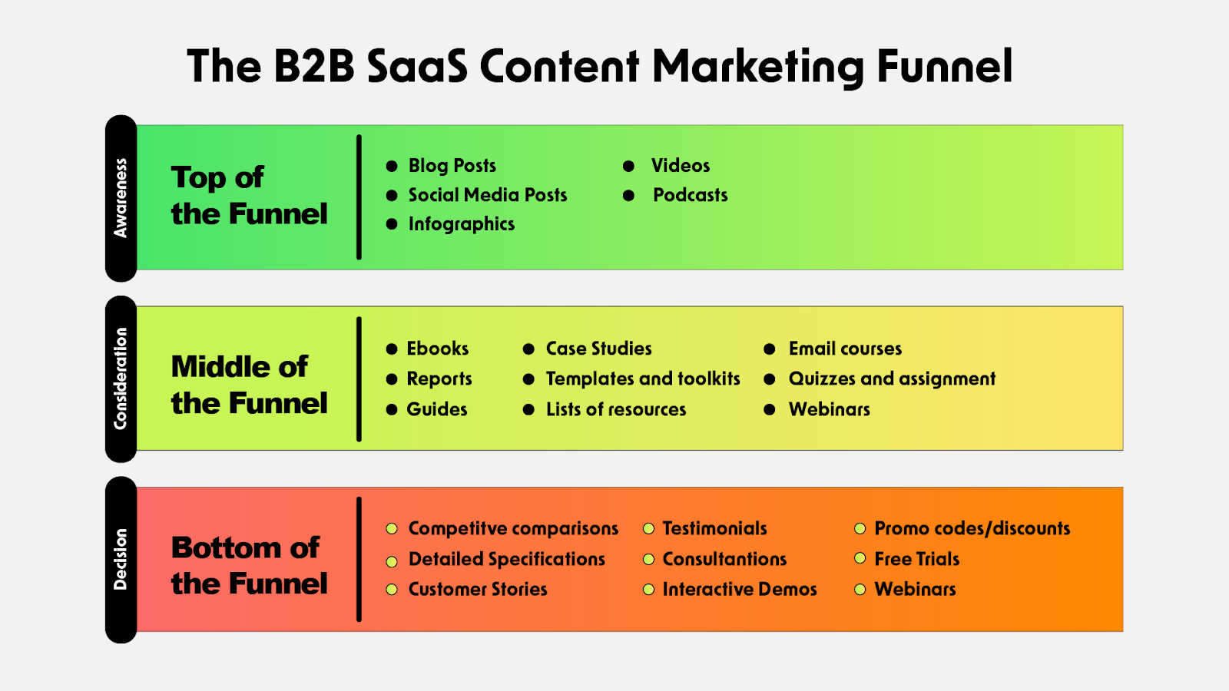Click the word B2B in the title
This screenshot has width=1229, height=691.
pyautogui.click(x=314, y=66)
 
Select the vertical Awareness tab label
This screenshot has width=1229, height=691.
pyautogui.click(x=121, y=198)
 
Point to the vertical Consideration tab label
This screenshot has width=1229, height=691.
pyautogui.click(x=121, y=379)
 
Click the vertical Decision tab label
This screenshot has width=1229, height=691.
pyautogui.click(x=121, y=559)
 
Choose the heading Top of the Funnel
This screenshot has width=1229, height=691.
pyautogui.click(x=248, y=196)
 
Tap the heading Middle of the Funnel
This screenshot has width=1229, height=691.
pyautogui.click(x=248, y=385)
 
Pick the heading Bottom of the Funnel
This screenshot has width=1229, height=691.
pyautogui.click(x=248, y=566)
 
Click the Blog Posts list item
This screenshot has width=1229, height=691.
pyautogui.click(x=452, y=166)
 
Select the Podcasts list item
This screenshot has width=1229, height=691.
pyautogui.click(x=690, y=195)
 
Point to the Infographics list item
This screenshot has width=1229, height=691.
pyautogui.click(x=461, y=224)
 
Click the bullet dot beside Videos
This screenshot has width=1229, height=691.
pyautogui.click(x=628, y=166)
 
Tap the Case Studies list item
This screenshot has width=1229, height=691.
pyautogui.click(x=598, y=349)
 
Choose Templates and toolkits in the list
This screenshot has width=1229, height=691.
pyautogui.click(x=642, y=379)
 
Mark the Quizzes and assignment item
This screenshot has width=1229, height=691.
pyautogui.click(x=891, y=379)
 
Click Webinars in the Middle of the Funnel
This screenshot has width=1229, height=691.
pyautogui.click(x=829, y=409)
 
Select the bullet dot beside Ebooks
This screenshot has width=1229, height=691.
pyautogui.click(x=392, y=349)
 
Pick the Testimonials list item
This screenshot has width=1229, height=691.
pyautogui.click(x=714, y=528)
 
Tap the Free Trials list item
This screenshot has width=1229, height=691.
pyautogui.click(x=916, y=559)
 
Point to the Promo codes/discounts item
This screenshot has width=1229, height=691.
pyautogui.click(x=972, y=528)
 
